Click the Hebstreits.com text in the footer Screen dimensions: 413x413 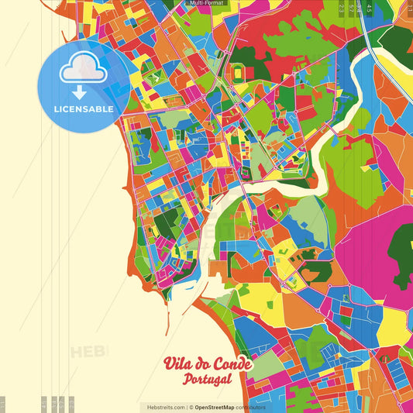coord(162,407)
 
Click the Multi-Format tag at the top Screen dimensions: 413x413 coord(206,3)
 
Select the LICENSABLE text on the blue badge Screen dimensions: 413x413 coord(84,109)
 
